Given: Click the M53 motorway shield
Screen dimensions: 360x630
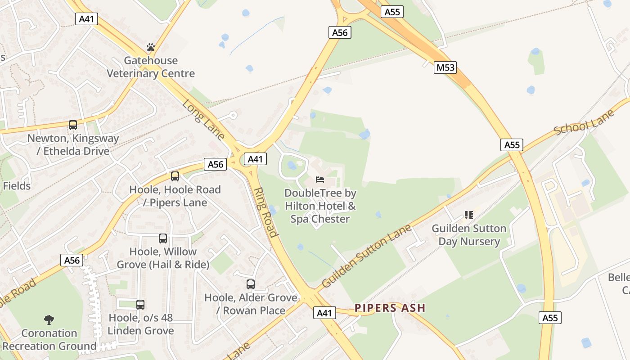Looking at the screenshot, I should coord(445,67).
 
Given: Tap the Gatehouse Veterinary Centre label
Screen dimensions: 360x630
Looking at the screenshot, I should coord(151,67).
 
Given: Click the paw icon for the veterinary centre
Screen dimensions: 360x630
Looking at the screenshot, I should coord(150,47).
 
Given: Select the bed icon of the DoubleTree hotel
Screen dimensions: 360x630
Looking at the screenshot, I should coord(320,179).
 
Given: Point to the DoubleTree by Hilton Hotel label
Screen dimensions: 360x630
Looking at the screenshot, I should coord(320,206).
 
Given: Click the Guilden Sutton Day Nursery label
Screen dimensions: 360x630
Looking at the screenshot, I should coord(469,235).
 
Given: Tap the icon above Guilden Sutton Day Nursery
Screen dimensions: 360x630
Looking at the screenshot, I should coord(469,215).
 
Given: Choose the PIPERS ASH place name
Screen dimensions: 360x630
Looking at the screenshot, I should coord(390,308).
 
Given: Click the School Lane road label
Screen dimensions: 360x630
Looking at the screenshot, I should coord(584,123).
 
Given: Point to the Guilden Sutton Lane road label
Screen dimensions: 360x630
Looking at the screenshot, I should coord(367,256).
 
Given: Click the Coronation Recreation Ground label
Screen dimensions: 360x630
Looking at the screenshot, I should coord(49,340).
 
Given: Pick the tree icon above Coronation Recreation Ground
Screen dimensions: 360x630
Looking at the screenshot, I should coord(49,320).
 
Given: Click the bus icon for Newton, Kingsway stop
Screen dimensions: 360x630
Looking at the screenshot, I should coord(72,125).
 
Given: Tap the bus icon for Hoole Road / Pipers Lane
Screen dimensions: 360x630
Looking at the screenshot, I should coord(175,176).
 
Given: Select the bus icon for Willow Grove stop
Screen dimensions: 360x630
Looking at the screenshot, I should coord(163,238).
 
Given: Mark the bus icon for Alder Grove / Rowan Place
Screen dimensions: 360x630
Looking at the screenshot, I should coord(251,284).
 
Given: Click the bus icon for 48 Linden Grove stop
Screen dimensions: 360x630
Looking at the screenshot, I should coord(140,305).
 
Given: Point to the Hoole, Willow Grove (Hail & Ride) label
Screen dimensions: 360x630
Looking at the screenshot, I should coord(163,258).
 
